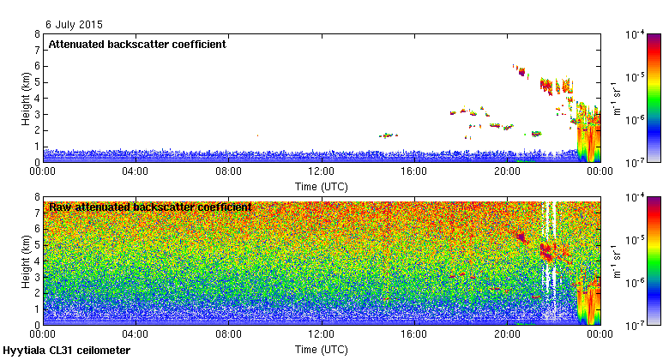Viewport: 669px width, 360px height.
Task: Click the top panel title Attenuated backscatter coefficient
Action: coord(137,45)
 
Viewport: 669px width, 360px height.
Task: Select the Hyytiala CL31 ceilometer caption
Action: coord(67,351)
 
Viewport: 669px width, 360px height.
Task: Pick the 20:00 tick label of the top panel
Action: coord(506,171)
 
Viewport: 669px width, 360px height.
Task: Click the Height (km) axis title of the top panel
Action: coord(27,98)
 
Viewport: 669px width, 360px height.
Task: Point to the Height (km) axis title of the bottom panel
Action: coord(27,261)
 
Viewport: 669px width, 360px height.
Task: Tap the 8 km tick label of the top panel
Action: coord(36,34)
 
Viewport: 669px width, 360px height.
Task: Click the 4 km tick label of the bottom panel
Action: coord(36,261)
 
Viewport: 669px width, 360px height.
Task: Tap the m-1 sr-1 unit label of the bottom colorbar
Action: coord(616,261)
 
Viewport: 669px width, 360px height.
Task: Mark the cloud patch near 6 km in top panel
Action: coord(520,70)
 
